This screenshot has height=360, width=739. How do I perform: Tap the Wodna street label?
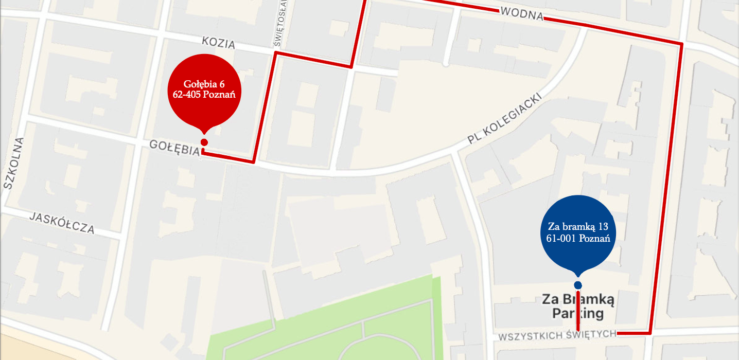point(522,15)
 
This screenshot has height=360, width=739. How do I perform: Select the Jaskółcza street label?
point(62,222)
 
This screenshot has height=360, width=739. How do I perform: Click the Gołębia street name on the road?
point(174,148)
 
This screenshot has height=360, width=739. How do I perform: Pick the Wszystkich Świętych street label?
point(557,335)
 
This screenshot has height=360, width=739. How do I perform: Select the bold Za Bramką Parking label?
point(578,306)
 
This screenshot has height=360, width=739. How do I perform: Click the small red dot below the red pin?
point(204,142)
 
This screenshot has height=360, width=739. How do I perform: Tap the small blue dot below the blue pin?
point(578,285)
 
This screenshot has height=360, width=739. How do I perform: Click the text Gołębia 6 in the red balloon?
point(204,84)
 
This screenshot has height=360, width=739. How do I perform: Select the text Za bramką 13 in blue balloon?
point(578,227)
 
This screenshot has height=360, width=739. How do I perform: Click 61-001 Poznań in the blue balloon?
point(578,238)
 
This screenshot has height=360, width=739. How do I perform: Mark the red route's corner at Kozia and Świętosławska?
point(276,52)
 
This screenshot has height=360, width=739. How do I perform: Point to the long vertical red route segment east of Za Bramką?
point(666,190)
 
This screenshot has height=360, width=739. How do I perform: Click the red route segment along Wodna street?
point(612,31)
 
